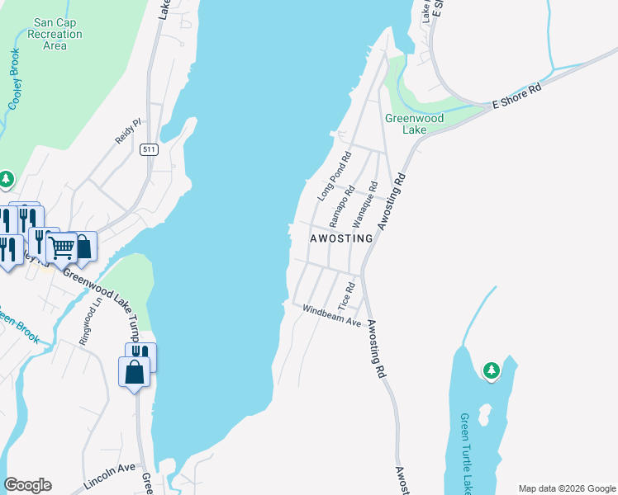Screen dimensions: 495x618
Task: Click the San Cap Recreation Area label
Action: [55, 35]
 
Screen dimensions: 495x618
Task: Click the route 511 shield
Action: [149, 149]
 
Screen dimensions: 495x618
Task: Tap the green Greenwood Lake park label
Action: [415, 124]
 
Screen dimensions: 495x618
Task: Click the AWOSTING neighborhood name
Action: [341, 238]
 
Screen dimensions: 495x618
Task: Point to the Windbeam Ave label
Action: [331, 316]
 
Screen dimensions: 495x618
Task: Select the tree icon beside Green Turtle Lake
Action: [492, 370]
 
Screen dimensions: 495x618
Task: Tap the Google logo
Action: [27, 485]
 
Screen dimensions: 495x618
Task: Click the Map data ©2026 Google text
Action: [567, 488]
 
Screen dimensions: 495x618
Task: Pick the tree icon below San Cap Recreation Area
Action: [7, 178]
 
